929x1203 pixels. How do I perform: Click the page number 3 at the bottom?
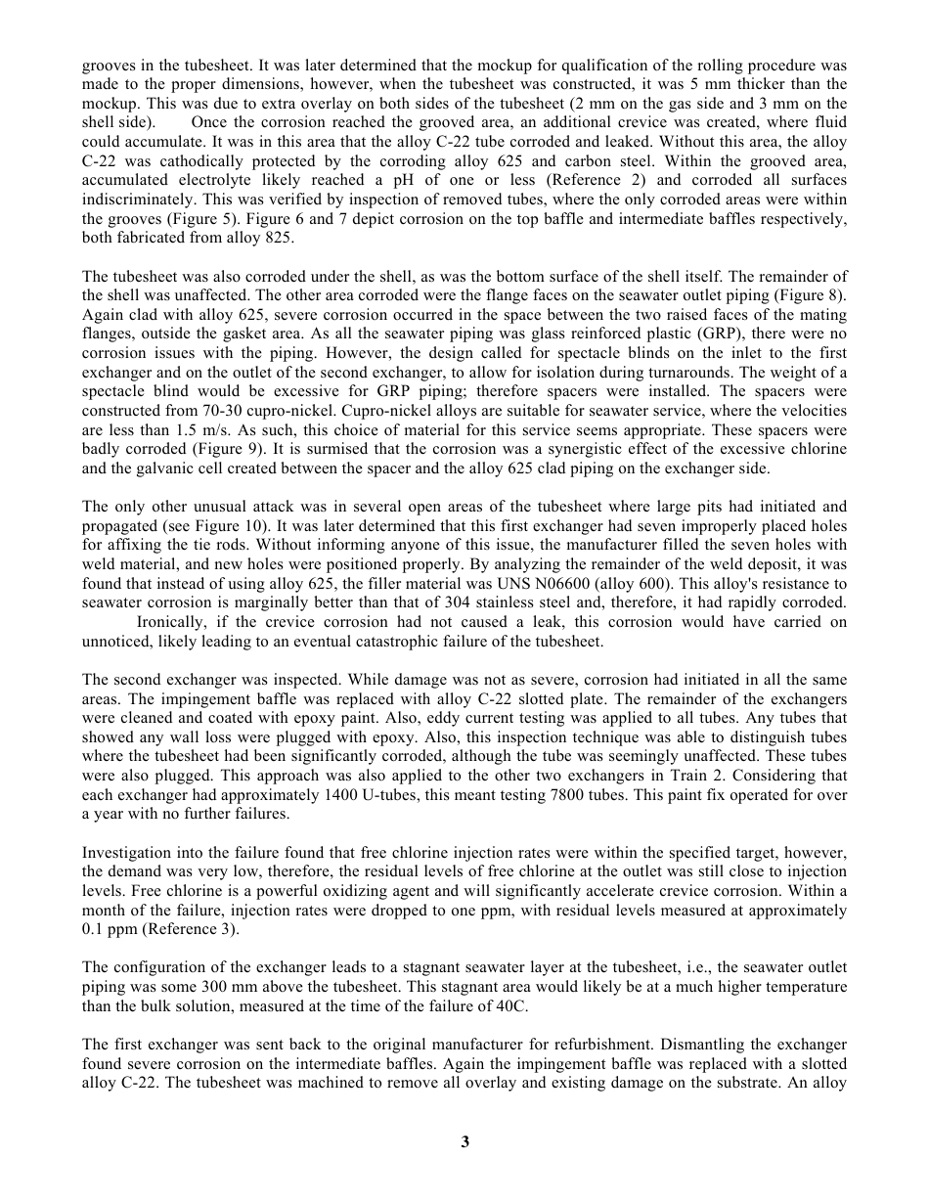point(465,1141)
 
